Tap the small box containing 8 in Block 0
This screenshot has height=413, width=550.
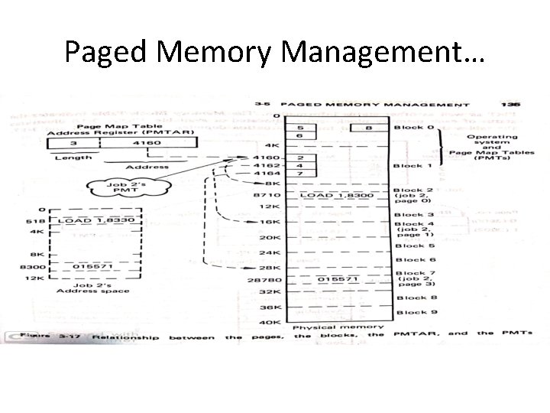click(x=368, y=128)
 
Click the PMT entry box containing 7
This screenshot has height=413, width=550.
click(x=301, y=174)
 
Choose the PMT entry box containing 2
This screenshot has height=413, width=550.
click(x=301, y=157)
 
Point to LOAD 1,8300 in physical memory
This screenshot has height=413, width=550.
click(x=333, y=196)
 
